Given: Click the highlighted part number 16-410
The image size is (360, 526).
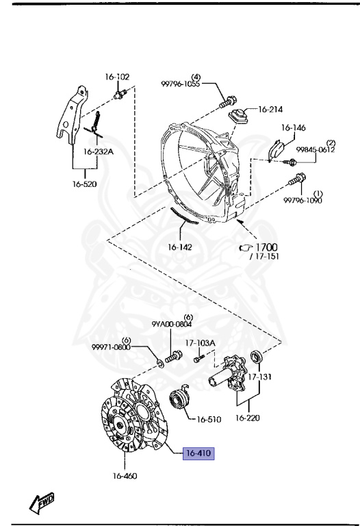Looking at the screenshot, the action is point(198,453).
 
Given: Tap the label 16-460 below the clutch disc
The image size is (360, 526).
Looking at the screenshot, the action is point(125,476).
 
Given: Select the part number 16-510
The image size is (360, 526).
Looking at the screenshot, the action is point(209,419).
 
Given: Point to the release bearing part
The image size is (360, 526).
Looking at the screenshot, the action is point(179,401).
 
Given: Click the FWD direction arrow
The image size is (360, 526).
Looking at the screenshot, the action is point(42,503).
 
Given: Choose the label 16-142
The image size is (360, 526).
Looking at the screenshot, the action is point(180,247).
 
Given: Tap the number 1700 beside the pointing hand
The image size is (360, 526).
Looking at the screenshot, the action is point(266,247).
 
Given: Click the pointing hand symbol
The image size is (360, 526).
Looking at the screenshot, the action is point(246,248).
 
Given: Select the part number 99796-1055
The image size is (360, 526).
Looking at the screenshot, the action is point(180,84).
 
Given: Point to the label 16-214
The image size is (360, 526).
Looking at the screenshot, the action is point(270,110).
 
